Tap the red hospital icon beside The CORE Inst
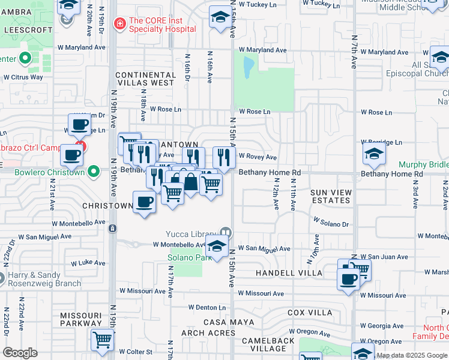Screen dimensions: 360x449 (x=120, y=23)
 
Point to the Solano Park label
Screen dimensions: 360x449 (x=188, y=257)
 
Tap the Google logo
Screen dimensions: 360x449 (x=20, y=352)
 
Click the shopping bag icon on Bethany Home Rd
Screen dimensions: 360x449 (x=190, y=182)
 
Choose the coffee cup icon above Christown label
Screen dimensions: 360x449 (x=144, y=202)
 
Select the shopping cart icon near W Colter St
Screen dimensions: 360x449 (x=102, y=340)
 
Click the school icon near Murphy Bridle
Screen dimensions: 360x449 (x=374, y=154)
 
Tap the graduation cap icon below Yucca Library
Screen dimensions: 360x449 (x=217, y=245)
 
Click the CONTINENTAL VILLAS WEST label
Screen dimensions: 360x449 (x=145, y=79)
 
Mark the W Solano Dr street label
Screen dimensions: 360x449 (x=332, y=224)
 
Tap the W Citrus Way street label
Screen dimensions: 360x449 (x=23, y=77)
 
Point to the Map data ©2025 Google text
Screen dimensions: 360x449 (x=412, y=355)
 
